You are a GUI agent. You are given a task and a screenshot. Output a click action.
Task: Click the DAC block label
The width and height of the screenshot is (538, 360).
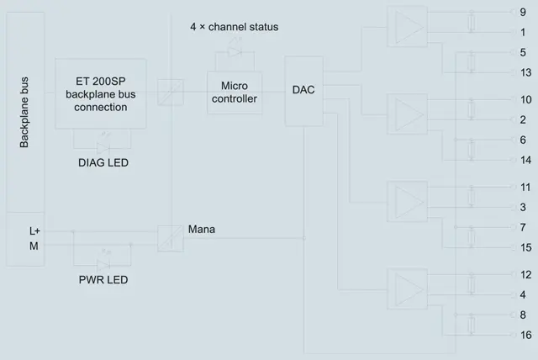303,90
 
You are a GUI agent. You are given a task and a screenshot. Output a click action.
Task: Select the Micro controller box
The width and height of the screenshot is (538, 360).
235,93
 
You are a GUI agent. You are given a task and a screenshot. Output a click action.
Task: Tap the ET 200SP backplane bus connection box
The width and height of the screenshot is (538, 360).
101,93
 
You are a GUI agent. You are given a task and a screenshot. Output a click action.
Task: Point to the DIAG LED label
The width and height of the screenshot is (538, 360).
103,162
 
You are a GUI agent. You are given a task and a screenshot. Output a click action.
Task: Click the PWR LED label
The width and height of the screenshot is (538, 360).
103,280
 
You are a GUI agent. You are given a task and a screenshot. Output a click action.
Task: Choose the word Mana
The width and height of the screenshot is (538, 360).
202,230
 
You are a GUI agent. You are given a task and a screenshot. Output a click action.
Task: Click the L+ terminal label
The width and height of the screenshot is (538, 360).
34,231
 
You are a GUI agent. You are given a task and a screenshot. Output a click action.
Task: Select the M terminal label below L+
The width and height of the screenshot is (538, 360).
34,246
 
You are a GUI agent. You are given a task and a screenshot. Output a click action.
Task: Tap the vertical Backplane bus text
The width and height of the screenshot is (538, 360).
24,112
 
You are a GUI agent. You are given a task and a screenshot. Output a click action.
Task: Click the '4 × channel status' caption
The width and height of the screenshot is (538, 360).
235,27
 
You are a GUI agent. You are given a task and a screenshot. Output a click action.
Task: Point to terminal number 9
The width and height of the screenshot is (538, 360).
523,13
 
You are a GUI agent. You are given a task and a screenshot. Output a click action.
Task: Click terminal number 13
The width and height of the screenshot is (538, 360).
525,72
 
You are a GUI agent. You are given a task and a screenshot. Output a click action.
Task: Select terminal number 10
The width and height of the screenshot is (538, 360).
525,100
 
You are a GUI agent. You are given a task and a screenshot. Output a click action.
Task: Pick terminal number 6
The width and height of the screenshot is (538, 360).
523,140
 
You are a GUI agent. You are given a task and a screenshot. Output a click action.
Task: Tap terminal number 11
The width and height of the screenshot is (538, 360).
525,188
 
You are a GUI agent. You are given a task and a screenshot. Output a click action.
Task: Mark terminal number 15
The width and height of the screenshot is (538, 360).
525,248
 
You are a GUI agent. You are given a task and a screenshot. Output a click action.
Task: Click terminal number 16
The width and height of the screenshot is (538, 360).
525,336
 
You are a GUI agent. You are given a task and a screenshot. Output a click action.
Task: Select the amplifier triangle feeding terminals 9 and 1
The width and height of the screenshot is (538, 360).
409,27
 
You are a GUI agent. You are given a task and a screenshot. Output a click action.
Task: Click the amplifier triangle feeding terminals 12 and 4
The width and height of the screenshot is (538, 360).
409,289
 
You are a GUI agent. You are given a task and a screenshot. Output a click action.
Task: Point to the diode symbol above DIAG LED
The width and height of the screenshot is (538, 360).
103,148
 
